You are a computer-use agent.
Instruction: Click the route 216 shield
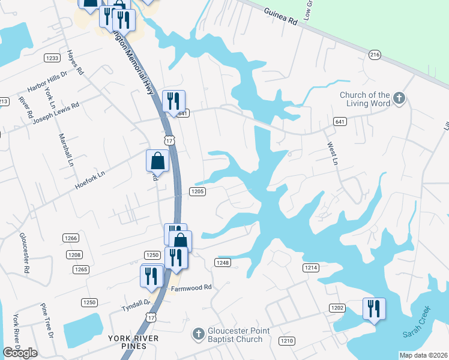tap(375, 55)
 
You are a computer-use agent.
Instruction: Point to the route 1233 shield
tap(52, 58)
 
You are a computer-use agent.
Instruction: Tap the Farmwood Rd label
tap(191, 287)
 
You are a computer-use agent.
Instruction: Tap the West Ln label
tap(332, 154)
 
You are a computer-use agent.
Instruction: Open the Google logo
tap(20, 353)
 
